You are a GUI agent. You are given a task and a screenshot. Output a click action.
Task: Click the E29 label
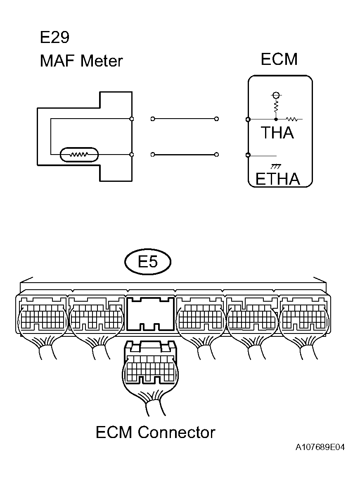coord(54,38)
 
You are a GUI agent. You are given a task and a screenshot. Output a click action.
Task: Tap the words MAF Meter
coord(81,61)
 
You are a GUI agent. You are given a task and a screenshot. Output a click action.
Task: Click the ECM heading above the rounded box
coord(279,60)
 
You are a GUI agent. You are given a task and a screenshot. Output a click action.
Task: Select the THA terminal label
coord(277,133)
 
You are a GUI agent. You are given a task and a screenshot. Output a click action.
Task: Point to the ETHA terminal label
coord(277,179)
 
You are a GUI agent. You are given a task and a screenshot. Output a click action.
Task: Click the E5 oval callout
coord(148,262)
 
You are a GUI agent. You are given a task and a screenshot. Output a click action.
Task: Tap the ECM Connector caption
coord(155,433)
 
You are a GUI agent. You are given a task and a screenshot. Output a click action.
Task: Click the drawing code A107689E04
coord(320,448)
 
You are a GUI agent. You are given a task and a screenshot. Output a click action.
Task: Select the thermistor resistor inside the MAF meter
coord(79,155)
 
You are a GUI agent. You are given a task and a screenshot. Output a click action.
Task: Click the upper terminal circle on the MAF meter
coord(132,119)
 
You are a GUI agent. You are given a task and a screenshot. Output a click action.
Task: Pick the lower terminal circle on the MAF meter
coord(132,155)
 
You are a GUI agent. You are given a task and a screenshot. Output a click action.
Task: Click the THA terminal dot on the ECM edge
coord(248,119)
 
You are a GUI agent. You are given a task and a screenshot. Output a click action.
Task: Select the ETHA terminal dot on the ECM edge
coord(248,155)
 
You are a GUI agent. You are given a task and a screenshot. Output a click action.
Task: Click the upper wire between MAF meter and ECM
coord(185,119)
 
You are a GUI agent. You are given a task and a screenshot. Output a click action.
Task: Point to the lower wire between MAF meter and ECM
coord(185,155)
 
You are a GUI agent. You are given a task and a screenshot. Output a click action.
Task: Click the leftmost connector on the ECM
coord(43,315)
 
